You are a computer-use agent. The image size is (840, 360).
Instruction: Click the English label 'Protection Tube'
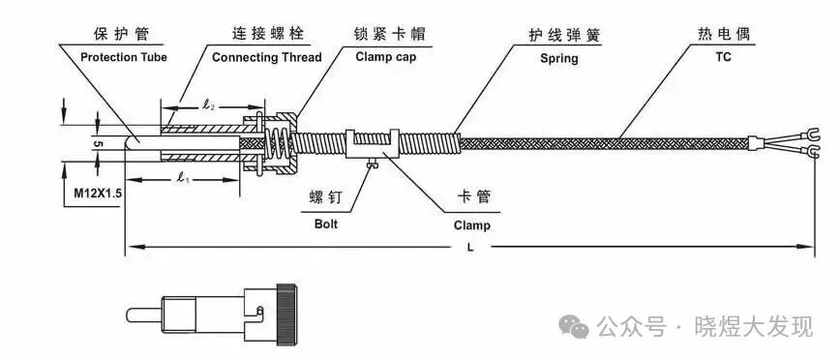[123, 57]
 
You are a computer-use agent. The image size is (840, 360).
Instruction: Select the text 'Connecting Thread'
[266, 57]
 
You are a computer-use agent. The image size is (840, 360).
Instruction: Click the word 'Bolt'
[326, 225]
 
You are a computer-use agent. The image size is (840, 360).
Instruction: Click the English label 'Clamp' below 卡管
[472, 225]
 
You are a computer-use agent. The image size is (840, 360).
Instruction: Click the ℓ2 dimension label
[210, 102]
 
